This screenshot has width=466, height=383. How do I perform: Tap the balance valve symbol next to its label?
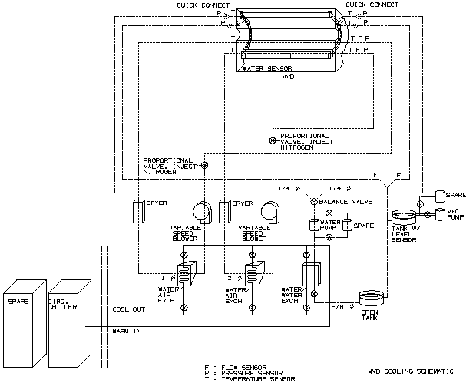(x=313, y=201)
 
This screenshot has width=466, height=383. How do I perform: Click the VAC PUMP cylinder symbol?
(x=439, y=214)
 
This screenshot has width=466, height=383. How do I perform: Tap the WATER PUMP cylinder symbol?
(x=313, y=225)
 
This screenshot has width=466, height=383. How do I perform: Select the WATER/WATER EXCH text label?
(x=290, y=296)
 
